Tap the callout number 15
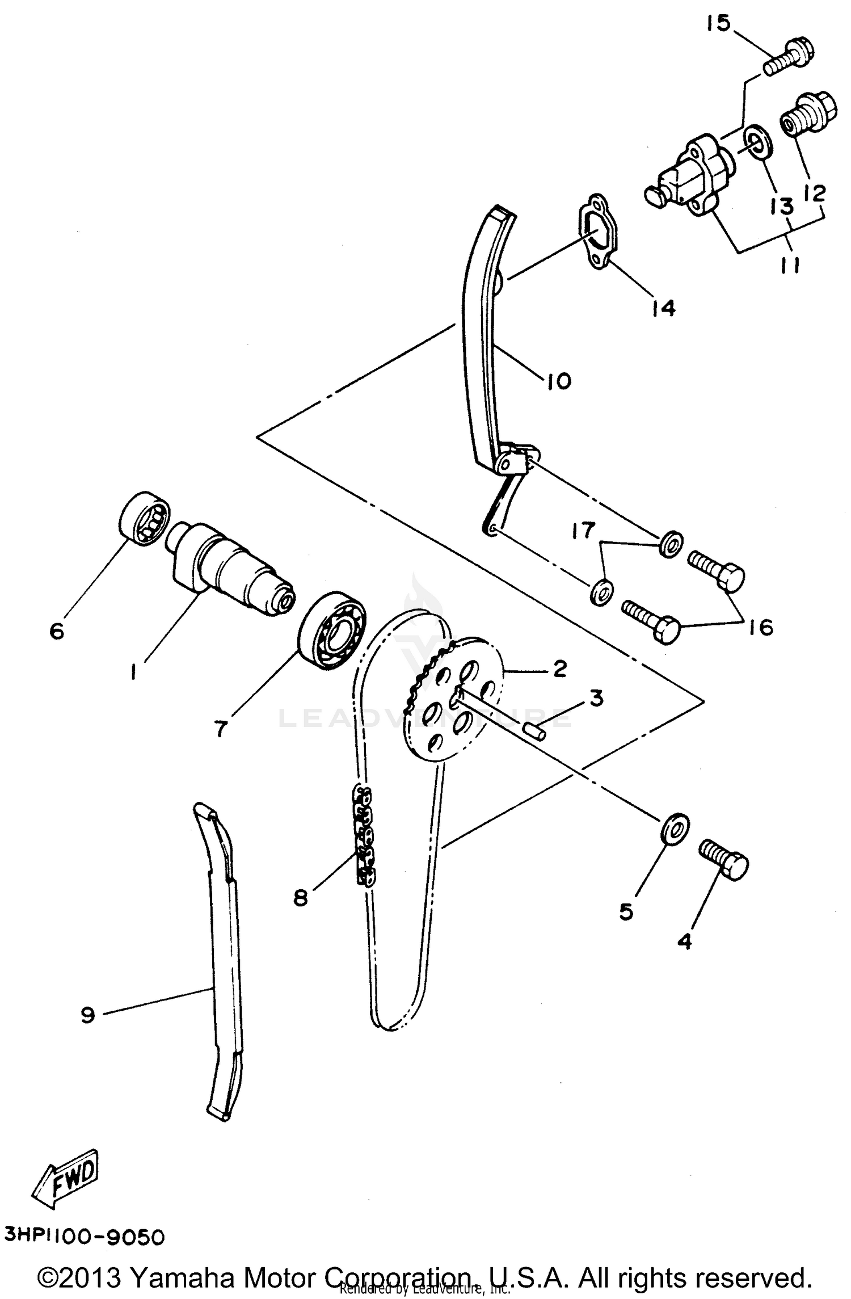click(719, 24)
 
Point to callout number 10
click(559, 381)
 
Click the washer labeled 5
click(675, 830)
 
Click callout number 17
click(583, 530)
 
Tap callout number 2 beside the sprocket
click(559, 669)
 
